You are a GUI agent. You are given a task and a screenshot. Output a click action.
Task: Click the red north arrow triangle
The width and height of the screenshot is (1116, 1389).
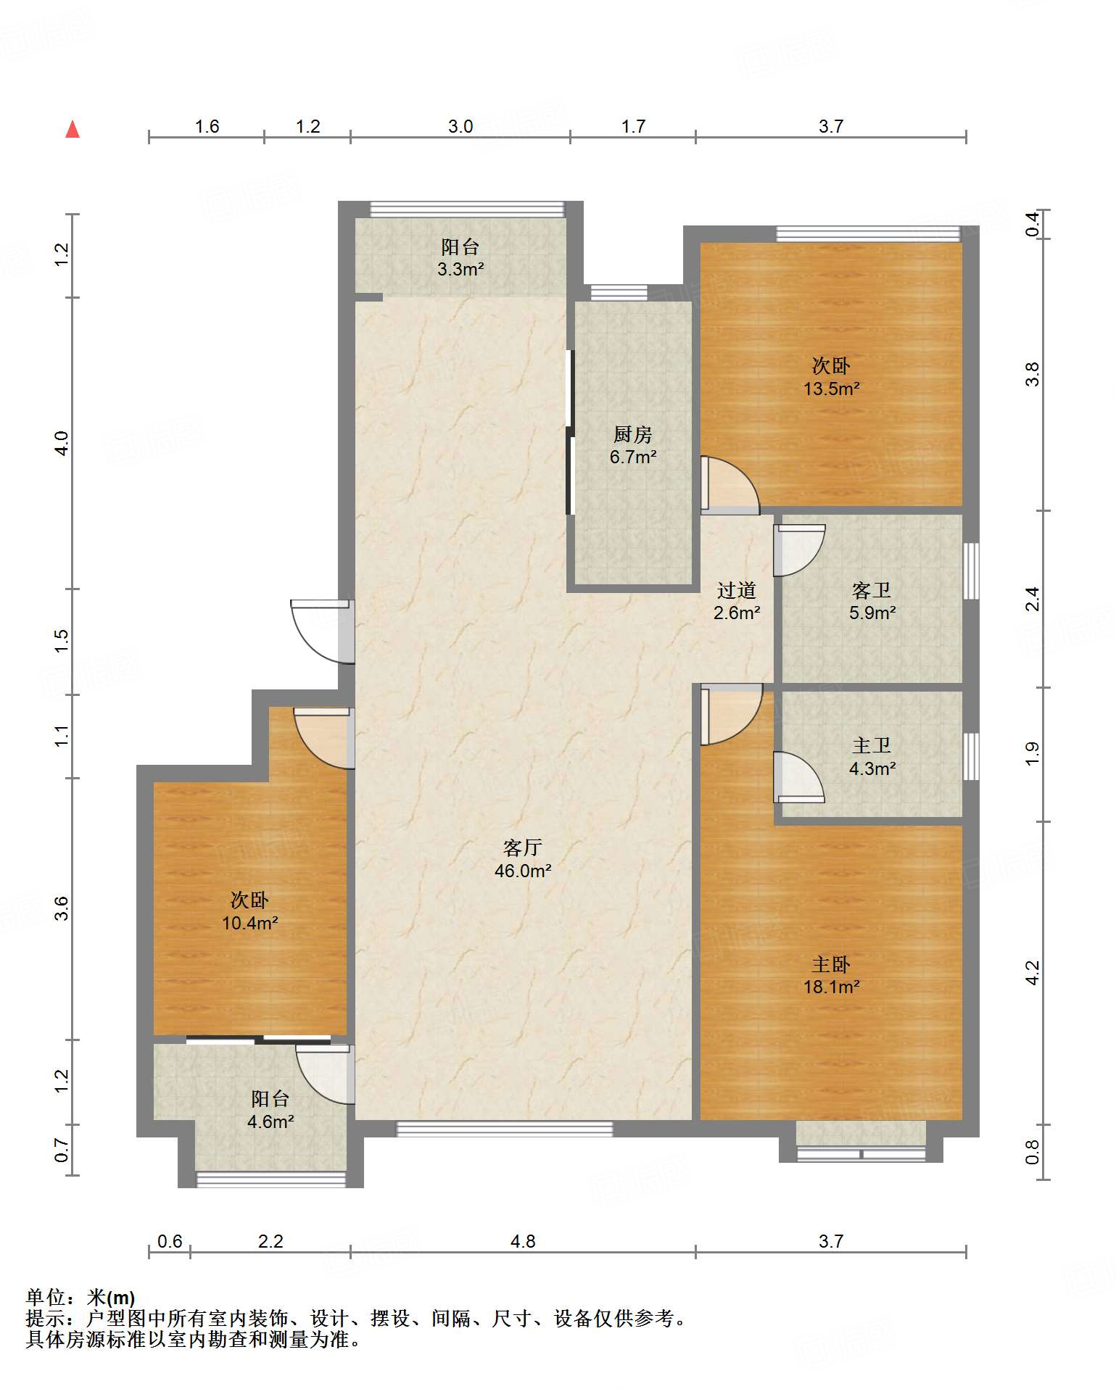(73, 130)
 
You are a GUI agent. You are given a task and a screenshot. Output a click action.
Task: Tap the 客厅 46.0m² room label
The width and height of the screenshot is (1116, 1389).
(523, 859)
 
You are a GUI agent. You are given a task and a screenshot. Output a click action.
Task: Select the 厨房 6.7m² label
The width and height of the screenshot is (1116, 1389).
(633, 445)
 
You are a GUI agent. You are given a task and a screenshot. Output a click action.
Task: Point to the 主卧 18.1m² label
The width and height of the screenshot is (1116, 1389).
(831, 975)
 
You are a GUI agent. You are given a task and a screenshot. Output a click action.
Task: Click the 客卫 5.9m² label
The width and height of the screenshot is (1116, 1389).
(872, 601)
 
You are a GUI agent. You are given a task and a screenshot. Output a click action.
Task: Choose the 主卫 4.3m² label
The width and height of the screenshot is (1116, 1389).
(872, 757)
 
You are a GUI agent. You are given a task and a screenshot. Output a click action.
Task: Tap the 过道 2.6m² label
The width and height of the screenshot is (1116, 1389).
(737, 601)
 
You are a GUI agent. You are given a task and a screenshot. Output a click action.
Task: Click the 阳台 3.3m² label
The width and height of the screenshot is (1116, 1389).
(460, 258)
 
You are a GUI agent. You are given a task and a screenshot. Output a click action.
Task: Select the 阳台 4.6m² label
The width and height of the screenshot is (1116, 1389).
(270, 1110)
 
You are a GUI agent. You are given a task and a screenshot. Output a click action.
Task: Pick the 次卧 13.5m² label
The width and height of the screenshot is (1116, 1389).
(831, 376)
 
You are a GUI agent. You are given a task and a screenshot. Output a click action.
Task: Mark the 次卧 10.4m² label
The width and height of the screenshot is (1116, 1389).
(250, 911)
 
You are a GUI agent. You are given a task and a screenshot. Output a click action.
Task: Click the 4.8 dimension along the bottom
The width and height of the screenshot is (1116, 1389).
(523, 1242)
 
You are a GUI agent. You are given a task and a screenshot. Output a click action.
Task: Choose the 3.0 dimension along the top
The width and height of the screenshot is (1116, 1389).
(460, 127)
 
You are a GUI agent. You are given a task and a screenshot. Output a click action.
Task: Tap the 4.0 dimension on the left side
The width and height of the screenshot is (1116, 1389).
(62, 443)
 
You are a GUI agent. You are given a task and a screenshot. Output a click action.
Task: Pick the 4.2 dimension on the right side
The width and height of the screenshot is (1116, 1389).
(1033, 972)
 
